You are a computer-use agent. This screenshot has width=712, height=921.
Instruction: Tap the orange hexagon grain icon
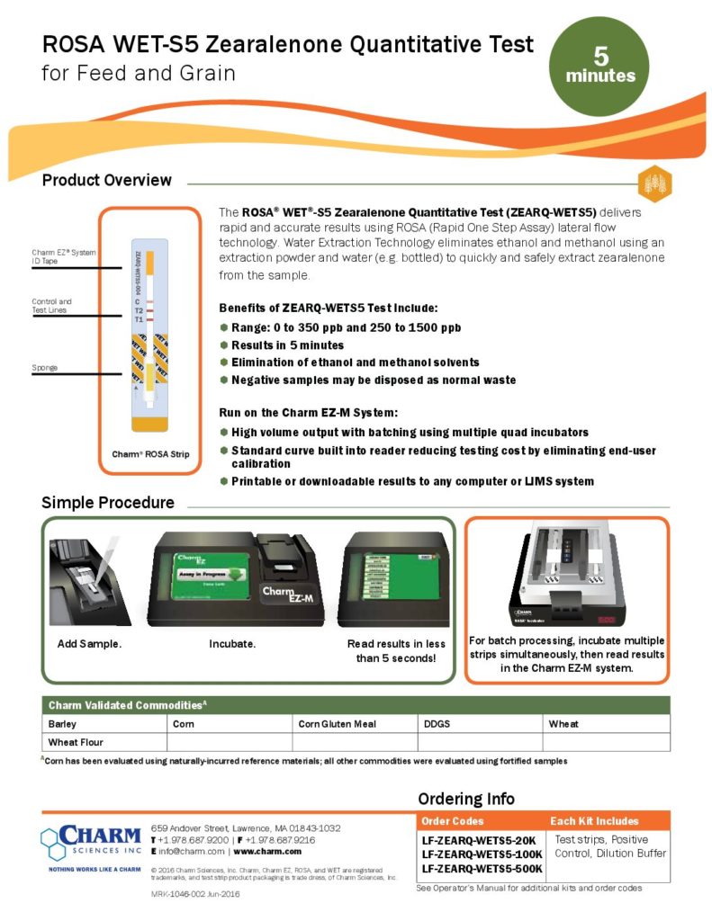[x=654, y=183]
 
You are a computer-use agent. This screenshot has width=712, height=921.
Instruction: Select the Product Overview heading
[x=106, y=180]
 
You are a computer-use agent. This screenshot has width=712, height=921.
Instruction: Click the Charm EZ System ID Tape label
[x=64, y=257]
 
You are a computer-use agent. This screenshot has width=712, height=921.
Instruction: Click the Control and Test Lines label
[x=52, y=306]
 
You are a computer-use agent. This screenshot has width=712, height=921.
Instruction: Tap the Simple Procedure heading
[x=108, y=502]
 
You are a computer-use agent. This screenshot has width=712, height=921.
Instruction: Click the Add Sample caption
[x=89, y=645]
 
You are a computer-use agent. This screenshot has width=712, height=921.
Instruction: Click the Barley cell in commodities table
[x=63, y=723]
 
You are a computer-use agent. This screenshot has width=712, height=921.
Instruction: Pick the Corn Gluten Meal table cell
[x=337, y=723]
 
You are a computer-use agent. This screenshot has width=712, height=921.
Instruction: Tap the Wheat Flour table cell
[x=75, y=742]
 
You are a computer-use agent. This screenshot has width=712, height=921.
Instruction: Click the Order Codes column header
[x=453, y=821]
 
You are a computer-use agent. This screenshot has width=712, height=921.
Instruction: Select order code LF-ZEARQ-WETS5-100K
[x=482, y=854]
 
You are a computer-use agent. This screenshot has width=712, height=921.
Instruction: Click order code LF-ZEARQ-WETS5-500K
[x=482, y=869]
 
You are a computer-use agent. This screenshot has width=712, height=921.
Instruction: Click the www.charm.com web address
[x=267, y=851]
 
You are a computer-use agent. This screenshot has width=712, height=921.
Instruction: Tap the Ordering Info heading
[x=466, y=799]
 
